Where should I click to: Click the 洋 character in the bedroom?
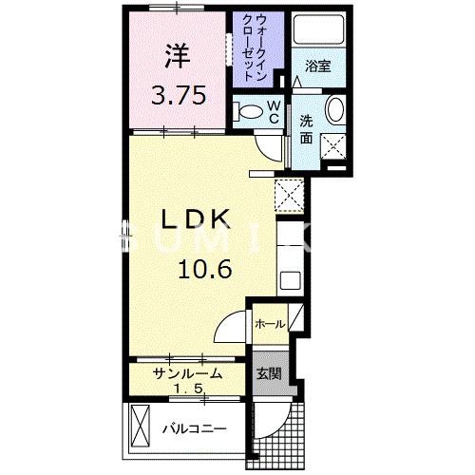tap(176, 55)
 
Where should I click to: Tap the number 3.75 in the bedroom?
tap(176, 95)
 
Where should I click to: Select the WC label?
tap(272, 110)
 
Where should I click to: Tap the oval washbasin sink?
tap(334, 111)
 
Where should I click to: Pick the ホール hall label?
tap(269, 325)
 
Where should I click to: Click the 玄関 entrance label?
tap(267, 373)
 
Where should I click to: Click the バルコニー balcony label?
tap(194, 429)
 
